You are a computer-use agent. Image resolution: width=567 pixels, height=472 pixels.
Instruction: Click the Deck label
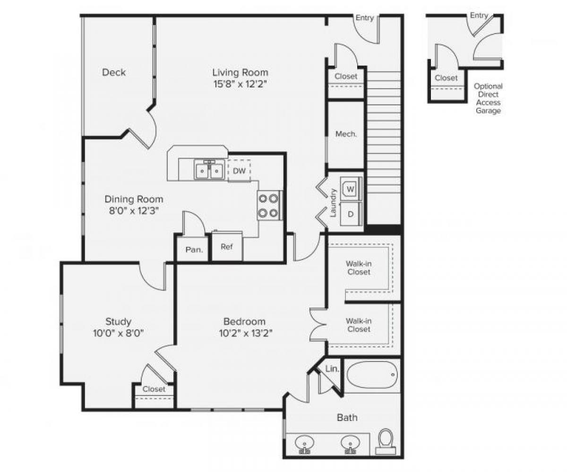(x=114, y=72)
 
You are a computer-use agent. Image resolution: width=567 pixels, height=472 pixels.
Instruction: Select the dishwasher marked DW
(x=240, y=171)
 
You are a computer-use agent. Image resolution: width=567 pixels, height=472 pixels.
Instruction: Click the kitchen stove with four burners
(x=268, y=205)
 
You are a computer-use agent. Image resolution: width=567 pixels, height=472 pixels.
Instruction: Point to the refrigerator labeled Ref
(x=227, y=247)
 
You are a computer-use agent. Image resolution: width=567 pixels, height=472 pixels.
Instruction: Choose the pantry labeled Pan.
(x=194, y=249)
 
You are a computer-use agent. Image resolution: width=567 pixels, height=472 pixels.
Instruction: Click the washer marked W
(x=350, y=189)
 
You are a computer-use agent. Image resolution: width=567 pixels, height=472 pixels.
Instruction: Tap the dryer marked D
(x=350, y=214)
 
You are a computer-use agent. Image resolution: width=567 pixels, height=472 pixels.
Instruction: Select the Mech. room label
(x=346, y=134)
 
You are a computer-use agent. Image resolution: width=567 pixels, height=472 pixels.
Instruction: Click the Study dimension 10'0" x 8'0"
(x=118, y=333)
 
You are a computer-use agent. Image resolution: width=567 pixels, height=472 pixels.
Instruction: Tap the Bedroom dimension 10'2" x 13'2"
(x=244, y=333)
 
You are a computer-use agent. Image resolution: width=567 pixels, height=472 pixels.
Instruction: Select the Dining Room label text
(x=134, y=199)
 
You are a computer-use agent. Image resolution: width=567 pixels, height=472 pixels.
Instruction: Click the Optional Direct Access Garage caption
(x=488, y=99)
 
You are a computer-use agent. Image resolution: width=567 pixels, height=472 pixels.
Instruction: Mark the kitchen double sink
(x=208, y=170)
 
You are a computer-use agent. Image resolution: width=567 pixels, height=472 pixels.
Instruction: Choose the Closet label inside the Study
(x=154, y=389)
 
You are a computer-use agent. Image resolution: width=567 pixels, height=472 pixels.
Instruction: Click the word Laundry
(x=333, y=203)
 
